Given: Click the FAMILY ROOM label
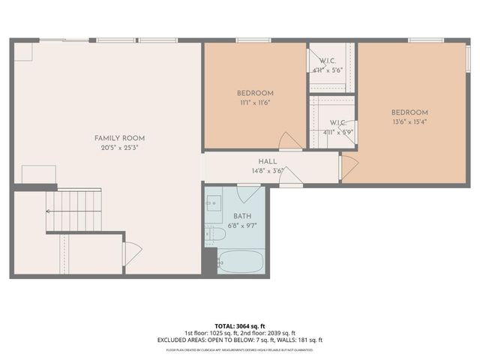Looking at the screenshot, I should [119, 138].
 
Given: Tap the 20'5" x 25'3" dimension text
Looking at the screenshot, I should [119, 148].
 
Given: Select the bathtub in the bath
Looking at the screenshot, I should [240, 262].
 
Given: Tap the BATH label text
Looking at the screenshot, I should [242, 216].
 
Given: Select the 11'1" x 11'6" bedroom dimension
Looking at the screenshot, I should [255, 103].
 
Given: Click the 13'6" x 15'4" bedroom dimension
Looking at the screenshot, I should [409, 122].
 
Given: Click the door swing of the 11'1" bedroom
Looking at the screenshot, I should [289, 140].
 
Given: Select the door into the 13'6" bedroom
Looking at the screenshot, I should [348, 166].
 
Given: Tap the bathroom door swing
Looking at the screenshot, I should [248, 193].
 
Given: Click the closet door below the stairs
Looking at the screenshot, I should [132, 253].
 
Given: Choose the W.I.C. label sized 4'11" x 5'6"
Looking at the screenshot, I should [327, 65].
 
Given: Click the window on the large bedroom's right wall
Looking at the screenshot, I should [469, 58].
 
